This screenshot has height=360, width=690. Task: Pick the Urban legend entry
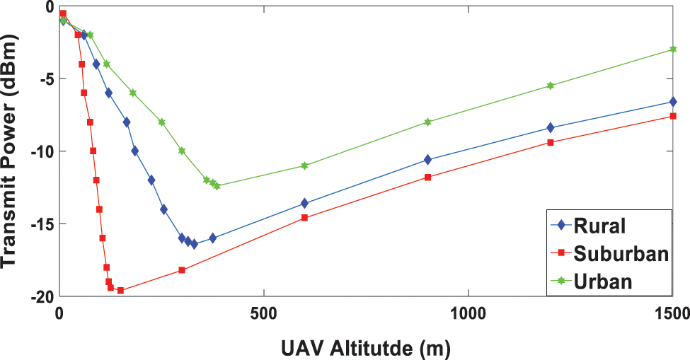pyautogui.click(x=602, y=280)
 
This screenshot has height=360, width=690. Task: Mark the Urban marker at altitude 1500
pyautogui.click(x=672, y=50)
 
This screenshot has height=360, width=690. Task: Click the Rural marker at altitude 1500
pyautogui.click(x=672, y=102)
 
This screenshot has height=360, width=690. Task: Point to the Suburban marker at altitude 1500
pyautogui.click(x=672, y=116)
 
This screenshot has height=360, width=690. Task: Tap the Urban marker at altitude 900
pyautogui.click(x=427, y=122)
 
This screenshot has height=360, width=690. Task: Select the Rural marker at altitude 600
pyautogui.click(x=304, y=204)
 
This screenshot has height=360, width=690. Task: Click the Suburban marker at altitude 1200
pyautogui.click(x=550, y=142)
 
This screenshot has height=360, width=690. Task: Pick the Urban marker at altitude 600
pyautogui.click(x=304, y=166)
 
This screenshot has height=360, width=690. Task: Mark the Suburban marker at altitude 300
pyautogui.click(x=182, y=270)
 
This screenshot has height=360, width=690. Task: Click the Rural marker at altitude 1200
pyautogui.click(x=550, y=128)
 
